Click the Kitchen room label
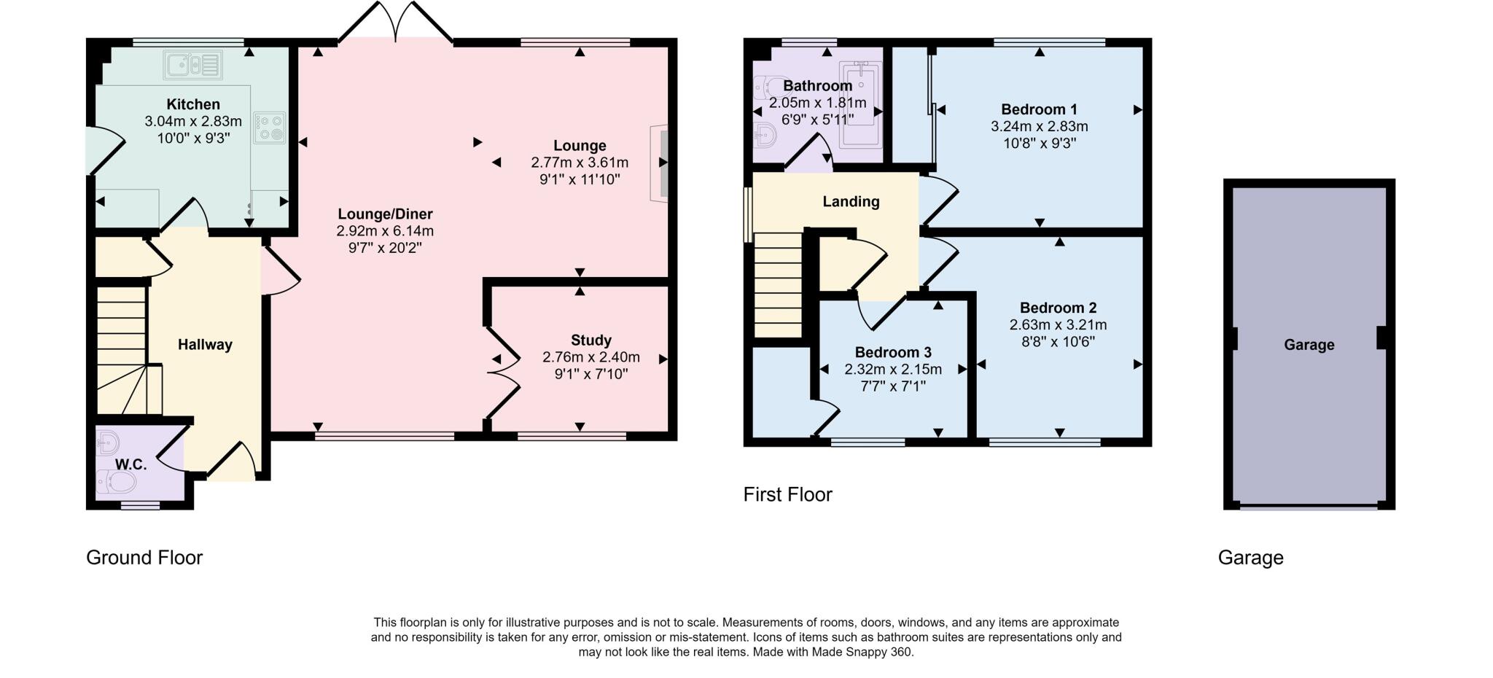coord(193,104)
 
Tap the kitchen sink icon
coord(193,65)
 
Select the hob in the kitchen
coord(269,128)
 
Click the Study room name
coord(591,340)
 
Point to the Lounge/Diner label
coord(385,214)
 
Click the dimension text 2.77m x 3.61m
coord(580,163)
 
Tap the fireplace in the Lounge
coord(660,163)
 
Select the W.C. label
coord(131,464)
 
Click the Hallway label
coord(205,345)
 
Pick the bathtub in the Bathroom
coord(861,104)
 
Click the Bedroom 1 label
coord(1039,110)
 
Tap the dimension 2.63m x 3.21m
coord(1058,325)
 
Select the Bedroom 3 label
coord(893,353)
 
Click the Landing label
coord(851,202)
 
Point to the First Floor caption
coord(787,495)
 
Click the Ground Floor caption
coord(144,558)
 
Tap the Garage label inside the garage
coord(1309,346)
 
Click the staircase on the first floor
coord(778,284)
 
